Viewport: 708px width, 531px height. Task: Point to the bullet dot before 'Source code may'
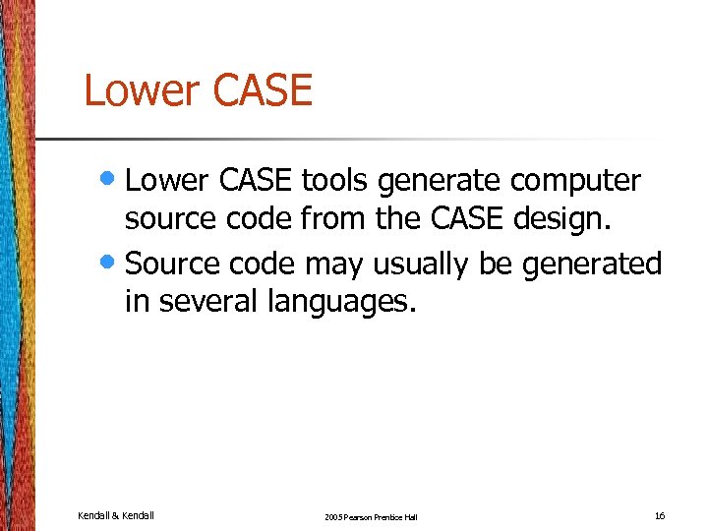tap(111, 263)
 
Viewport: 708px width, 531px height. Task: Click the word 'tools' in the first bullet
tap(334, 182)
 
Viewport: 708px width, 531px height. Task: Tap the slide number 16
tap(660, 515)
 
